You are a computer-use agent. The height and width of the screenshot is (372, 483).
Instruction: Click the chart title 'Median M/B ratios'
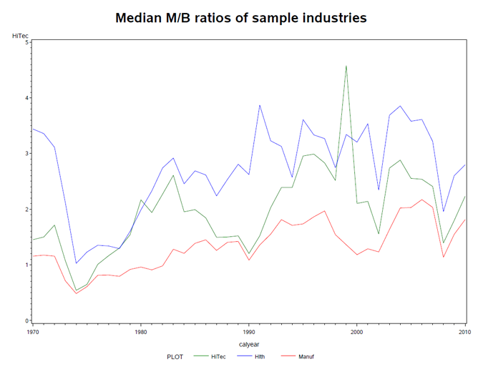tap(241, 18)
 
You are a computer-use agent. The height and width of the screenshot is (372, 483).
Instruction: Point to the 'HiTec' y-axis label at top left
tap(21, 35)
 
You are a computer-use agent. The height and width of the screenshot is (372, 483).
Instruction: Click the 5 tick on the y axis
tap(26, 42)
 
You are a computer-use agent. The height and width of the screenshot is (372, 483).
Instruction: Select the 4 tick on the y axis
tap(26, 98)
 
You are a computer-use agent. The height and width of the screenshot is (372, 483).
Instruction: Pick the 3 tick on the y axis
tap(26, 154)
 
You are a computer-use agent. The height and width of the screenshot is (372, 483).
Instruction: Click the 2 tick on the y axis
tap(26, 210)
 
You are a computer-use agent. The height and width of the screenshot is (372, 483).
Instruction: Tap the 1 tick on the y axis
tap(26, 265)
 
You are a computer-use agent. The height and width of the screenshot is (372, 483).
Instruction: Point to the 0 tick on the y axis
tap(26, 321)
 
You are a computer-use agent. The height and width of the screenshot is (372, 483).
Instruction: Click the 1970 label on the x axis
tap(32, 333)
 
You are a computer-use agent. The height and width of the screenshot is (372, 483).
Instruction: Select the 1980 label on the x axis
tap(140, 333)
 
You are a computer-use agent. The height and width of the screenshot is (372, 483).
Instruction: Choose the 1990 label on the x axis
tap(248, 333)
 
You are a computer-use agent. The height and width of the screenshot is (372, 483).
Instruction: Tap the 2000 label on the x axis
tap(357, 333)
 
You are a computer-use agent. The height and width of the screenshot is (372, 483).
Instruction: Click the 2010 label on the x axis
tap(465, 333)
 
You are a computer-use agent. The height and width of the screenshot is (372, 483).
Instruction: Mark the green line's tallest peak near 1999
tap(346, 66)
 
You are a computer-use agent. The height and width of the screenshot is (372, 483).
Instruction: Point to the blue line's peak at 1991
tap(260, 105)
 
